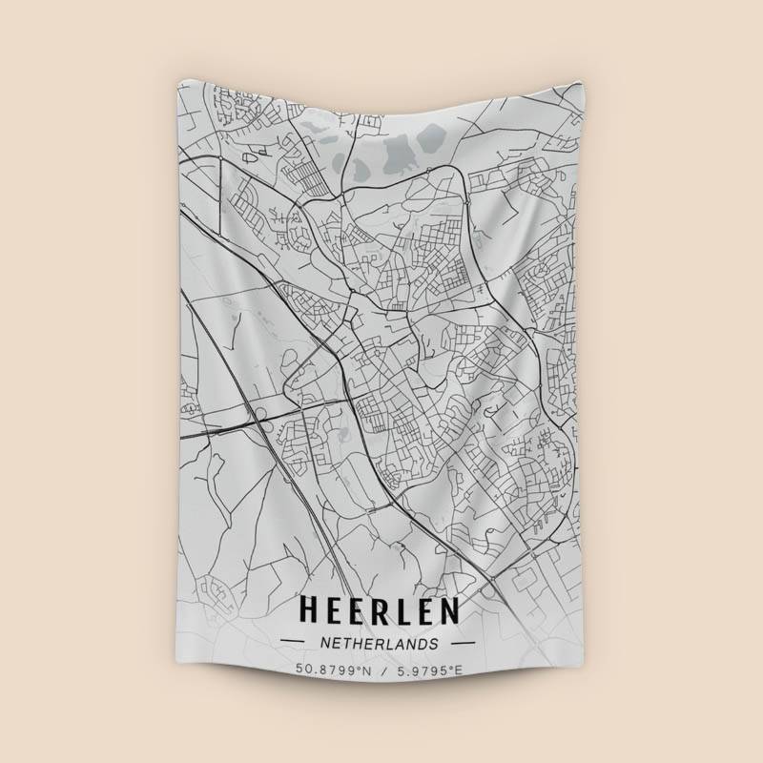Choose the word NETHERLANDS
(380, 644)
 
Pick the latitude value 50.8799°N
(333, 670)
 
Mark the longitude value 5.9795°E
(426, 670)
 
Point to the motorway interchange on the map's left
(256, 412)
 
